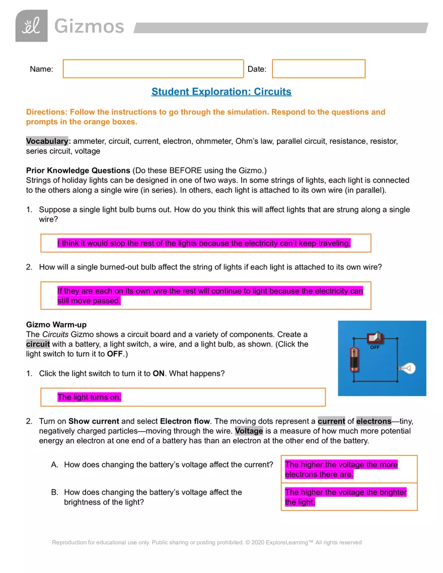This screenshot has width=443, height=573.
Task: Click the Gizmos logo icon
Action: pyautogui.click(x=31, y=26)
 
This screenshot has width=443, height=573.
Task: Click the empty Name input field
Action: pyautogui.click(x=153, y=69)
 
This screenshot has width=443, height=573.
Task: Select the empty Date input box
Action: pyautogui.click(x=318, y=69)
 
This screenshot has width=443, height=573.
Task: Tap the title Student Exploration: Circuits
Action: pyautogui.click(x=221, y=92)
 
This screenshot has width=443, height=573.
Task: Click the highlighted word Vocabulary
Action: pyautogui.click(x=47, y=141)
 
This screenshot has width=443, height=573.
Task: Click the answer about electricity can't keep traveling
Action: pyautogui.click(x=204, y=243)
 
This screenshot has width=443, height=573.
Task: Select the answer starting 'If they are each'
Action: pyautogui.click(x=210, y=296)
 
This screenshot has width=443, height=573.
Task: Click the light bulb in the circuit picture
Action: pyautogui.click(x=407, y=369)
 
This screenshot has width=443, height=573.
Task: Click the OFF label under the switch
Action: pyautogui.click(x=375, y=348)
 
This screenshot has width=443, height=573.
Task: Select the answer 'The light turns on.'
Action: pyautogui.click(x=89, y=397)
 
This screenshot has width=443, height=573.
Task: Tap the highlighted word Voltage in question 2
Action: pyautogui.click(x=249, y=431)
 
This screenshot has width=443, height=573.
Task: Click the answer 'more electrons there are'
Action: pyautogui.click(x=341, y=469)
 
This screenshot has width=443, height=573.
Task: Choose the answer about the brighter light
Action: pyautogui.click(x=345, y=497)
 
